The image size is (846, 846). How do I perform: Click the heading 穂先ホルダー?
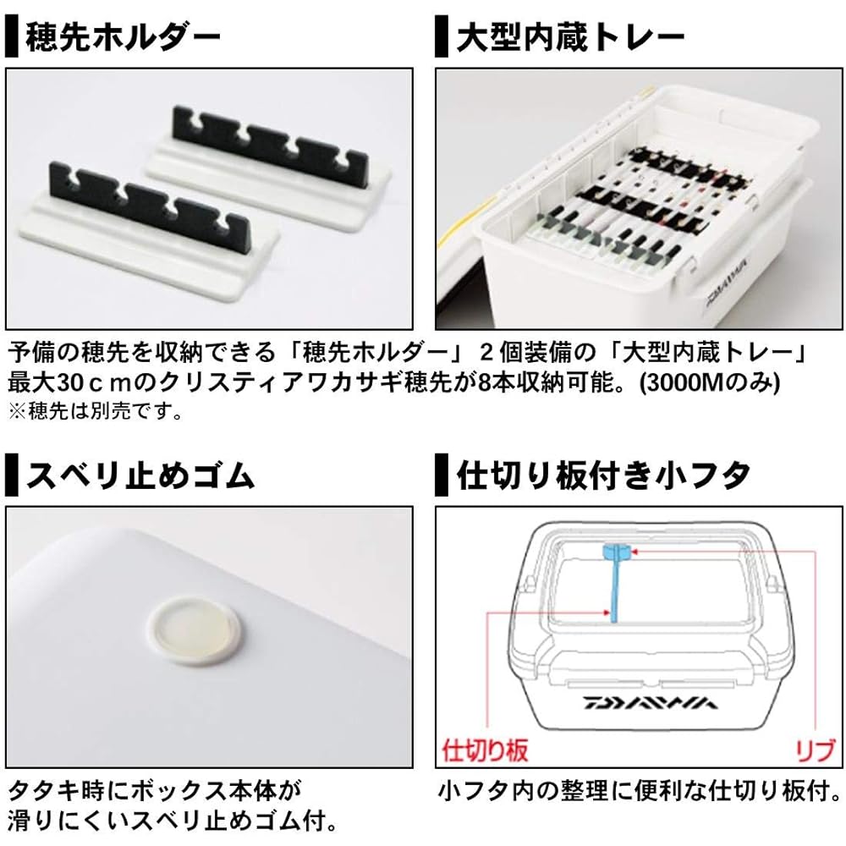coord(123,36)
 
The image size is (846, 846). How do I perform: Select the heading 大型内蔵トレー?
coord(570,36)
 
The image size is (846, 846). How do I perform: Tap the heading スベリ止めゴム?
coord(140,475)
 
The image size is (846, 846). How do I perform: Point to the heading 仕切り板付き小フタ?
coord(603,475)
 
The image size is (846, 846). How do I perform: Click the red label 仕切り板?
coord(485,750)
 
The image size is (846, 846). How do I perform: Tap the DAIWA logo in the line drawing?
coord(650,703)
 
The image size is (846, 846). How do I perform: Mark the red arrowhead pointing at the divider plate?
coord(607,613)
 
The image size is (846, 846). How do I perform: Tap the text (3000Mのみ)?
coord(710,382)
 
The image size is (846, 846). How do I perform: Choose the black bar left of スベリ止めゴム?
coord(11,475)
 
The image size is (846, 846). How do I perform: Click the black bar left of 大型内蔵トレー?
coord(442,36)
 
